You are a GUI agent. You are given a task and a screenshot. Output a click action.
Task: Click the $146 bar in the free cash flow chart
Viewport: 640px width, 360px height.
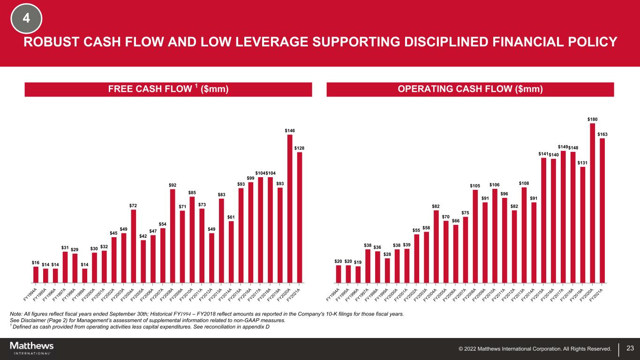click(x=290, y=209)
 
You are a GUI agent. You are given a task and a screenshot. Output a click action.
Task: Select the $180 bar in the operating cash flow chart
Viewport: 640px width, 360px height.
click(x=592, y=203)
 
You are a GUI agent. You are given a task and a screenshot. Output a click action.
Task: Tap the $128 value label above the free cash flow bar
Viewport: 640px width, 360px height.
click(x=299, y=148)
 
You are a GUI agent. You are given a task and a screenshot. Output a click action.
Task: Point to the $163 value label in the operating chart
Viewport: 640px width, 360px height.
click(x=602, y=135)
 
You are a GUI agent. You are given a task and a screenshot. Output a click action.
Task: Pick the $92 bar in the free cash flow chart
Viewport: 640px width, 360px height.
click(x=173, y=236)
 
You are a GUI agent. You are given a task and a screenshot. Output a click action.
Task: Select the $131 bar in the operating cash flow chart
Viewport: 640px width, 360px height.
click(x=582, y=225)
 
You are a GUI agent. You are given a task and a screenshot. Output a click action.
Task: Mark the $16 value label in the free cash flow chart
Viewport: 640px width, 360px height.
click(x=36, y=263)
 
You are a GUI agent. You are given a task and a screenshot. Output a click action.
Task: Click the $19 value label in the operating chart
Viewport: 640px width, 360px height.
click(x=358, y=262)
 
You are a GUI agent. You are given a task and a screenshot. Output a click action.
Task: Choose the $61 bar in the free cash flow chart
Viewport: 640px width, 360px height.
click(x=231, y=252)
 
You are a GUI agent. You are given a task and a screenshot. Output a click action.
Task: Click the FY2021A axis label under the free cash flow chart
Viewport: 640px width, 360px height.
click(x=294, y=295)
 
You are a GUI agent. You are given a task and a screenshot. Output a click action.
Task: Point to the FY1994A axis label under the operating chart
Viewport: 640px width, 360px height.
click(x=333, y=295)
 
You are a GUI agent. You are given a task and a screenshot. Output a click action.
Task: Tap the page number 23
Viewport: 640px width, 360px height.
click(x=630, y=348)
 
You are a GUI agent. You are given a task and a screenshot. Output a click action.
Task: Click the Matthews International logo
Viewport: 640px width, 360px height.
click(x=31, y=348)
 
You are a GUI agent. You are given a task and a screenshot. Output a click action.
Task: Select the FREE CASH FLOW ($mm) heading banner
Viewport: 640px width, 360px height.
click(x=168, y=90)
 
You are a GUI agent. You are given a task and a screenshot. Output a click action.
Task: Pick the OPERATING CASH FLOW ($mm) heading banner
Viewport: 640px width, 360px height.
click(x=470, y=90)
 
